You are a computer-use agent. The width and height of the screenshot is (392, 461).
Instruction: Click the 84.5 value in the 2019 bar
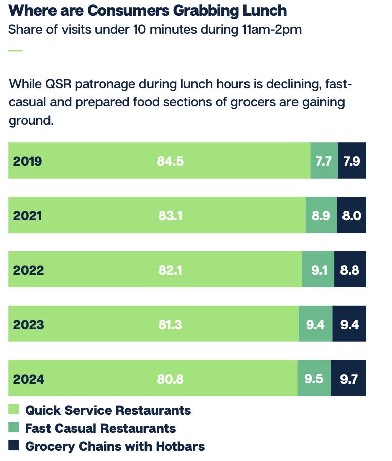170,161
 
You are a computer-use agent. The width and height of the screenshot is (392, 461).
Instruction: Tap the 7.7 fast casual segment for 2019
324,161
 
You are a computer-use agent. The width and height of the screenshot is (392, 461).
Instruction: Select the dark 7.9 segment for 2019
352,161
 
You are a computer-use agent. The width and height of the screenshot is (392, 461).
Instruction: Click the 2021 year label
28,215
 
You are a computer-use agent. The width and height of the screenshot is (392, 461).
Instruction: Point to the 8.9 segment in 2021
321,215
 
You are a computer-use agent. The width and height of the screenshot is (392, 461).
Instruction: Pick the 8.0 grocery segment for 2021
351,215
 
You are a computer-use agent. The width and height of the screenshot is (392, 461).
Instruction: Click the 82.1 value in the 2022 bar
170,270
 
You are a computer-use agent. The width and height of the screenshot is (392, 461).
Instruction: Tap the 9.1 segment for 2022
318,270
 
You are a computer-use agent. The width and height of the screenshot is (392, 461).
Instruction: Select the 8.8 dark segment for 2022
350,270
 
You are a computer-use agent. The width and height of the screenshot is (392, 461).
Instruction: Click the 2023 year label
29,324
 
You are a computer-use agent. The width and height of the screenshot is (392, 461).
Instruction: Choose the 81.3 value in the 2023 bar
170,324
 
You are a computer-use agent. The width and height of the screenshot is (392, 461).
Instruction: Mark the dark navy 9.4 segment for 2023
349,324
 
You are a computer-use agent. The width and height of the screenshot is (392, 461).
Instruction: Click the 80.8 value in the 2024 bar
170,379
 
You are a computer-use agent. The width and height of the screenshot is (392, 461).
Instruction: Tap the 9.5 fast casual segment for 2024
314,379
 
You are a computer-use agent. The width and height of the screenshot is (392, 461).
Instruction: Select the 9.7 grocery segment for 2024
349,379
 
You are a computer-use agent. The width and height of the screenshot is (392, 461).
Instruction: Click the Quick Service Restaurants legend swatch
14,409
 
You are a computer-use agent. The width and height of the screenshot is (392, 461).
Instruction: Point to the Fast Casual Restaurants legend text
101,428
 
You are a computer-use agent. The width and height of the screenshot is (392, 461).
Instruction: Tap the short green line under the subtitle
16,50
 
